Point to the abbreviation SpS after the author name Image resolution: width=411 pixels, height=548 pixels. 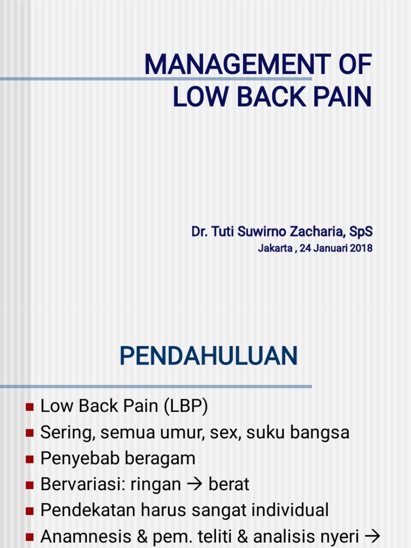(361, 232)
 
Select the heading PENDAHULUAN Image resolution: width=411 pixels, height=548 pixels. (208, 356)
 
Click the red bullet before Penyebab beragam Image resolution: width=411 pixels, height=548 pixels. (29, 459)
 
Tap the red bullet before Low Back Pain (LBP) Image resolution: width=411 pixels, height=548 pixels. (29, 408)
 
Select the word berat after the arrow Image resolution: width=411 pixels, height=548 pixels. (229, 484)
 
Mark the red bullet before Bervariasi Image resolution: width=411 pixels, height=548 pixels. (29, 485)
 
